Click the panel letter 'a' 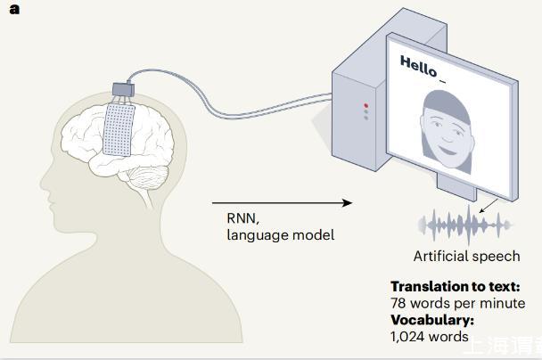15,10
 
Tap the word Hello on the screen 419,63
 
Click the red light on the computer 365,106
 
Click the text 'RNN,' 241,218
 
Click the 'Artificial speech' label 466,257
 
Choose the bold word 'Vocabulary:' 432,320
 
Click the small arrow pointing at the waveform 488,207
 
